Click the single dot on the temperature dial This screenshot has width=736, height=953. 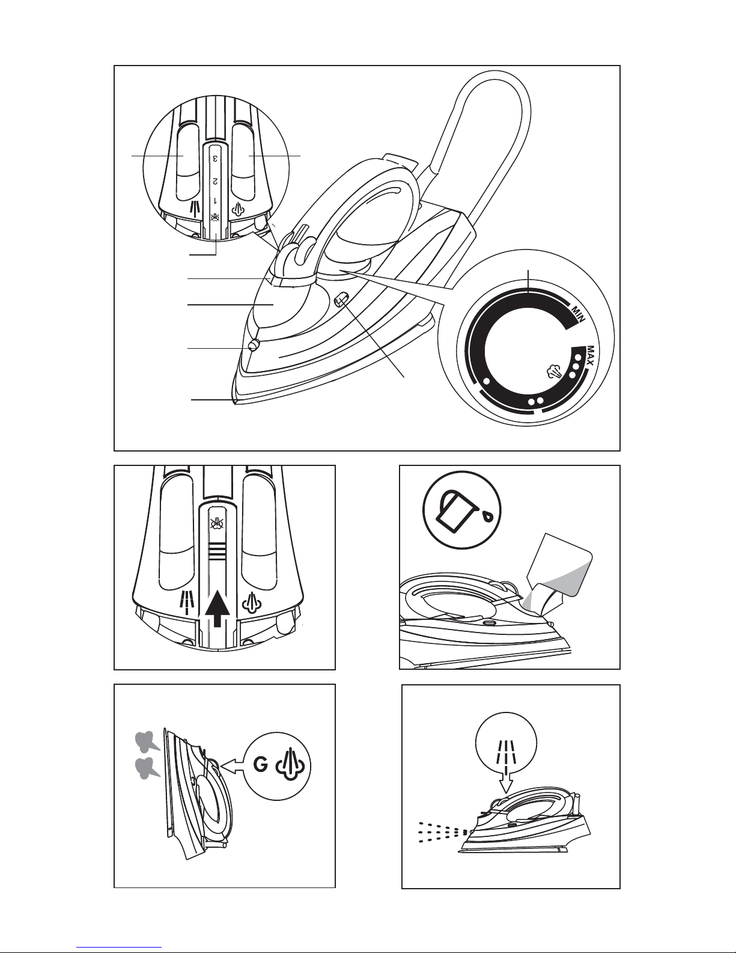tap(486, 381)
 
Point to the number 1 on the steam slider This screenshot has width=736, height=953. tap(215, 201)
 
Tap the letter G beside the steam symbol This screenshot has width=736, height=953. tap(261, 765)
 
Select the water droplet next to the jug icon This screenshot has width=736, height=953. tap(488, 515)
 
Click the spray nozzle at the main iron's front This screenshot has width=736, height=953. tap(253, 346)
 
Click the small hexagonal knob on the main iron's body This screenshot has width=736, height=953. tap(341, 301)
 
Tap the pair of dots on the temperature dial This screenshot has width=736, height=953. tap(536, 401)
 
